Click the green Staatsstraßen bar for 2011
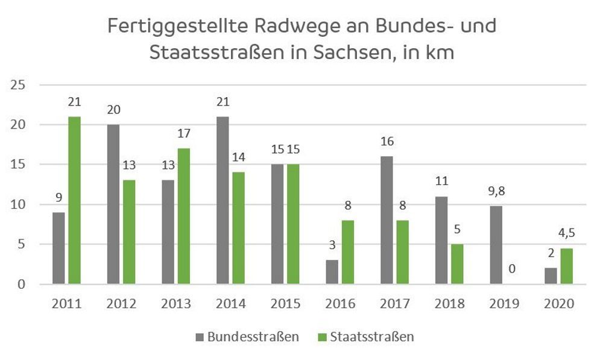click(74, 200)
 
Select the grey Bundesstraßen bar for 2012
click(113, 204)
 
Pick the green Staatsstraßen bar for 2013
click(183, 216)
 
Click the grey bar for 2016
click(332, 272)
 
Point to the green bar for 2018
click(458, 264)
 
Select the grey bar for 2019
click(496, 245)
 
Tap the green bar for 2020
click(566, 266)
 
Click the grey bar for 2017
click(387, 220)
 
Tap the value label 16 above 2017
click(387, 142)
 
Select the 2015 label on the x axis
click(285, 303)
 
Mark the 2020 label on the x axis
click(558, 303)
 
